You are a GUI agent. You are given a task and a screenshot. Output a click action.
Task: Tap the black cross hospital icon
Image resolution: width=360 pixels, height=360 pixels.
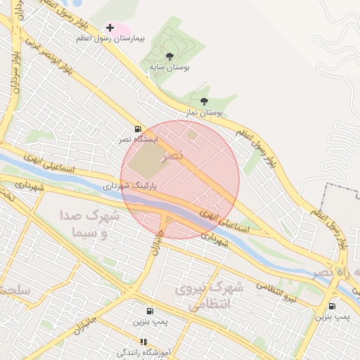(x=110, y=28)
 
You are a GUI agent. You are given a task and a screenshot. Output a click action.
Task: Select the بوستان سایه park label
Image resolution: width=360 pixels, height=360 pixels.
(x=169, y=67)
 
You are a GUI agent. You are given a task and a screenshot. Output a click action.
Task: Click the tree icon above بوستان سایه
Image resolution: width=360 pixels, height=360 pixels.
(x=169, y=56)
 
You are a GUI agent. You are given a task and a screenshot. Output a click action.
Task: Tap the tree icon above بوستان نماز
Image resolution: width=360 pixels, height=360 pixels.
(x=204, y=101)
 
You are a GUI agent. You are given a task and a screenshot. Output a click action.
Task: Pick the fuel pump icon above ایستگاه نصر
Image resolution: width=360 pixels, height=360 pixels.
(x=137, y=129)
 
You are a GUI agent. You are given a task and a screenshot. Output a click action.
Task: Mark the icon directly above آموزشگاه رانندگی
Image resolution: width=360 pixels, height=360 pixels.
(x=143, y=342)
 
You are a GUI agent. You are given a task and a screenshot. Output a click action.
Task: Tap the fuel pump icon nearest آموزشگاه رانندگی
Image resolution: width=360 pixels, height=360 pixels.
(x=149, y=311)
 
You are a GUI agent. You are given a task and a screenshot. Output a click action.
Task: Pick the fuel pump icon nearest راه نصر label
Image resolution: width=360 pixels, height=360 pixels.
(x=332, y=306)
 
